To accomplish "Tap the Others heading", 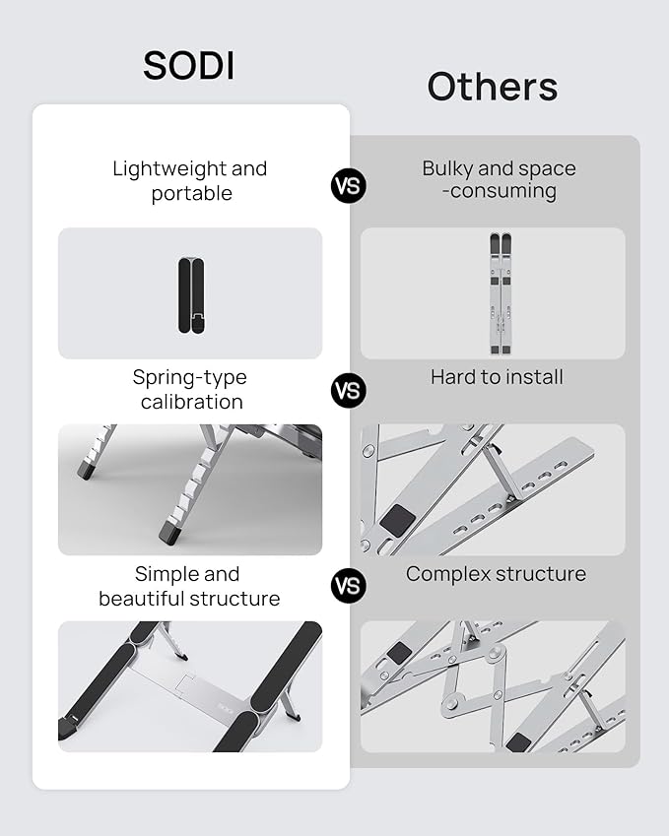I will click(492, 87).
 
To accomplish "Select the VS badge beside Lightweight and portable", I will click(348, 185).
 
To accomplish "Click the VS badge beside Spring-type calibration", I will click(348, 391).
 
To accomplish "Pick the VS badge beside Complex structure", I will click(348, 586).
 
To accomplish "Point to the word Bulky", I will click(448, 168).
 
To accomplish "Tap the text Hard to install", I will click(497, 376).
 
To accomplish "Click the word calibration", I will click(191, 402).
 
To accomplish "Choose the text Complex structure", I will click(496, 573).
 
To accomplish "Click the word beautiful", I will click(144, 599).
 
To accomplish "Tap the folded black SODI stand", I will click(191, 292).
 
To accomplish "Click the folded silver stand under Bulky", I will click(501, 292).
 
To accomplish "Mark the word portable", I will click(191, 193).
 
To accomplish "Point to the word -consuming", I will click(499, 191).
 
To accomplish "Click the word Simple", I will click(160, 574).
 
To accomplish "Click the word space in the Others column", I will click(550, 168).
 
